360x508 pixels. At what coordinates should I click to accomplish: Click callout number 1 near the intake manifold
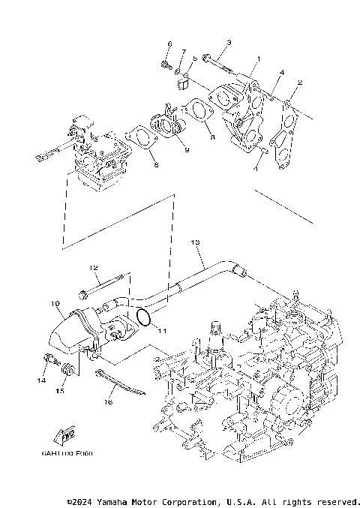click(258, 59)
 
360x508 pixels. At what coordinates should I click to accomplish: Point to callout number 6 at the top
click(169, 44)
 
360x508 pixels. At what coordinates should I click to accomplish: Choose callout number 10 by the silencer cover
click(55, 304)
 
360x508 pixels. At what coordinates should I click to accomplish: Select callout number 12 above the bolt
click(94, 268)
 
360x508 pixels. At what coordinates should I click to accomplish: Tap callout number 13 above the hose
click(195, 243)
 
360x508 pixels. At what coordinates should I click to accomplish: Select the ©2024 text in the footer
click(81, 501)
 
